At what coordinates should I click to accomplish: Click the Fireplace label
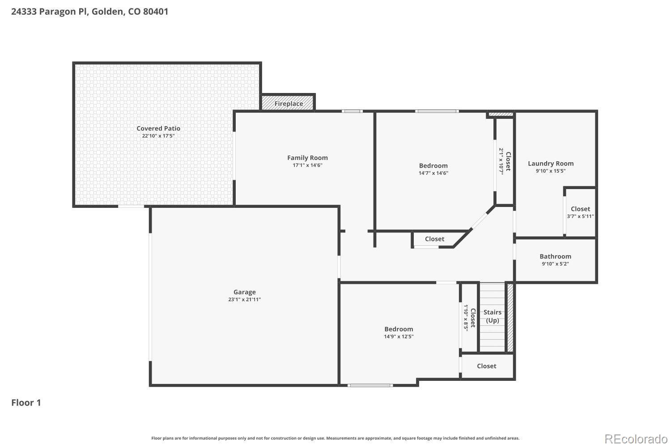click(289, 104)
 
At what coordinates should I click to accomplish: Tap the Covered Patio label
click(158, 128)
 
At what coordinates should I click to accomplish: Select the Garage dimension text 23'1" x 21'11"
click(244, 299)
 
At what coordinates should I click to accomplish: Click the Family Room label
click(307, 157)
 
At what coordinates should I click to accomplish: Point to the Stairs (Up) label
click(492, 316)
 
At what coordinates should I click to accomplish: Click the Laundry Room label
click(551, 163)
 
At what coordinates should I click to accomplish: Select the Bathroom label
click(555, 256)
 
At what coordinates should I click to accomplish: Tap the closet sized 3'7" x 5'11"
click(580, 212)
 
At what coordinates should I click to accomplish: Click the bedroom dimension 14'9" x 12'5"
click(399, 337)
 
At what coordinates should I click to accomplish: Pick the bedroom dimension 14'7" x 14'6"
click(433, 173)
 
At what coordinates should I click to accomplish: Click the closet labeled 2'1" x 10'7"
click(505, 161)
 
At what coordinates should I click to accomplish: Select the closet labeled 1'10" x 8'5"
click(469, 317)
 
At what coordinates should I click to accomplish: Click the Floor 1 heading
click(26, 403)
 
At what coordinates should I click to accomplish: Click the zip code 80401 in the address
click(156, 12)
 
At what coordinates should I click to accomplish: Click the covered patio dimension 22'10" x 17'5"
click(158, 135)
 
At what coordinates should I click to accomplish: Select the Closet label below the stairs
click(486, 366)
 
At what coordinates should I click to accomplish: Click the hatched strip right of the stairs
click(510, 317)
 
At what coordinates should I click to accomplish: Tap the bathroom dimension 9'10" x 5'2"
click(555, 264)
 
